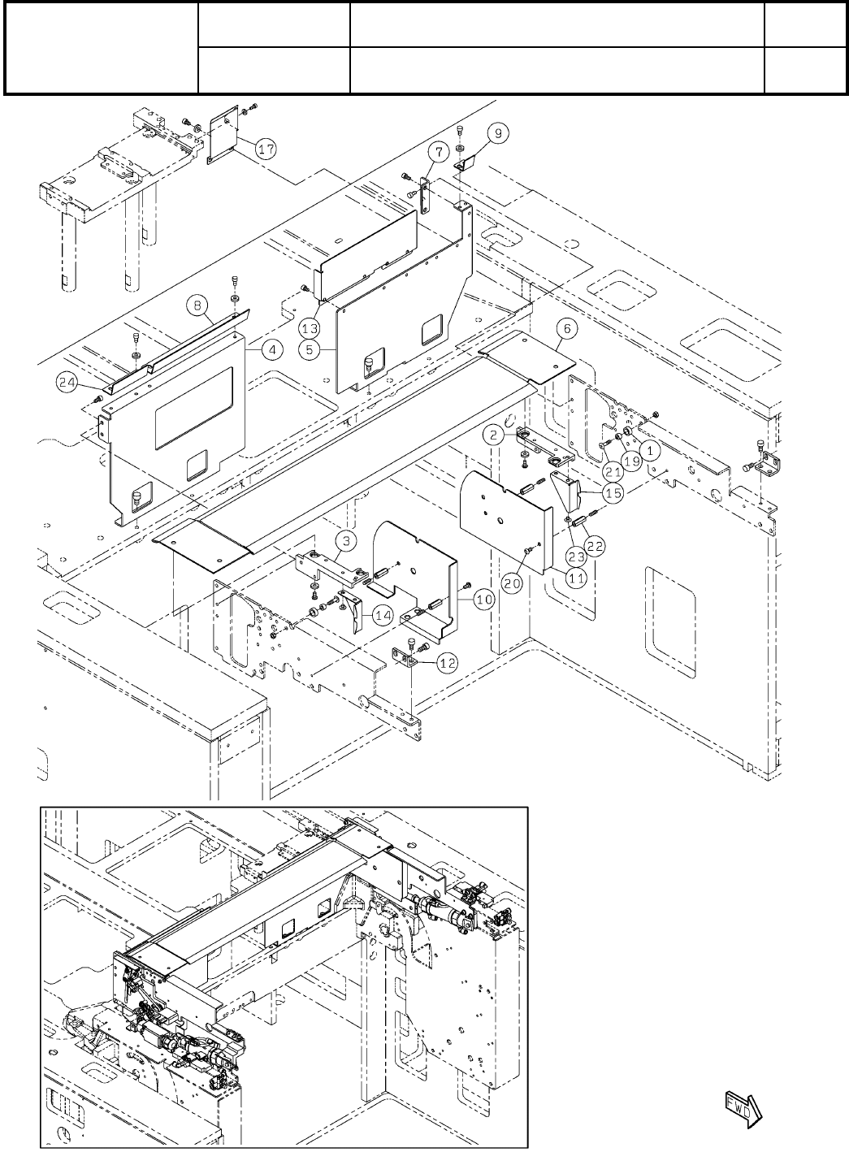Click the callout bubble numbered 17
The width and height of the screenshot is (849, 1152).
(266, 149)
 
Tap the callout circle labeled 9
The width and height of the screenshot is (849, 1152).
(498, 132)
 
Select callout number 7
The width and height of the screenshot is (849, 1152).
(436, 152)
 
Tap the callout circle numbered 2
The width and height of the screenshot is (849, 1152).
(493, 435)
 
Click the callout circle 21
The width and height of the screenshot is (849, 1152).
(611, 470)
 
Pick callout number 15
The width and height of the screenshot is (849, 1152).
(613, 493)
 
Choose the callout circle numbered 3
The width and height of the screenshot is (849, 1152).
(345, 540)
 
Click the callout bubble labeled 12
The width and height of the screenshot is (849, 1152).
(447, 663)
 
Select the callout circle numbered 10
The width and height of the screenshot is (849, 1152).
(483, 600)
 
